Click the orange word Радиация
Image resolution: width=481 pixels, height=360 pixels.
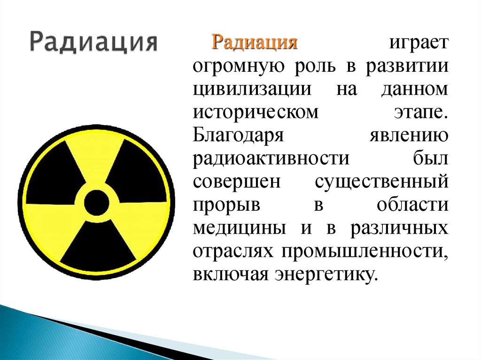tap(254, 43)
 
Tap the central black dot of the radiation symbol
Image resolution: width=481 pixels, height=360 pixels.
tap(96, 202)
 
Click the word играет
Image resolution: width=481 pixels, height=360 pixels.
tap(419, 43)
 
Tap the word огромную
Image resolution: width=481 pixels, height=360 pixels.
tap(239, 67)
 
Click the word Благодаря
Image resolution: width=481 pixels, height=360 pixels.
tap(238, 135)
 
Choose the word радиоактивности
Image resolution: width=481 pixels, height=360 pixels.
tap(271, 159)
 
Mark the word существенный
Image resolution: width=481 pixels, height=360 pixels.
tap(381, 182)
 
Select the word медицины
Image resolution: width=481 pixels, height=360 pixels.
tap(239, 229)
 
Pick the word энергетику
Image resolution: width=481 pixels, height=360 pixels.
tap(326, 275)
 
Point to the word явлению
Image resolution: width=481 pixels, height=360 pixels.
tap(409, 136)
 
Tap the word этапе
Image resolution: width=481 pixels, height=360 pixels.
tap(419, 113)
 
